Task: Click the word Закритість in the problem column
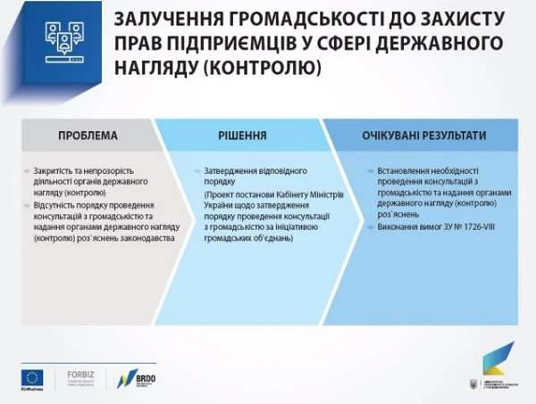click(54, 169)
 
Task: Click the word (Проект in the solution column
click(218, 193)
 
